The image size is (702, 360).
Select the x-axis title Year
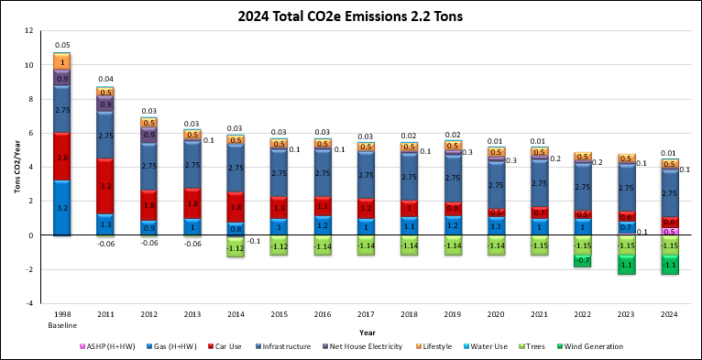point(367,332)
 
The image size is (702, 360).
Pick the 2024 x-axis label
point(670,313)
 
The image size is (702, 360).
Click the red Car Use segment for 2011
point(105,187)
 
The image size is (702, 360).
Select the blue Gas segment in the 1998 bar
point(62,208)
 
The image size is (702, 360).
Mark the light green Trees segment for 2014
point(236,247)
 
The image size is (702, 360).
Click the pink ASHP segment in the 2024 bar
point(670,232)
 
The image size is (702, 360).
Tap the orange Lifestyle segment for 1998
point(62,61)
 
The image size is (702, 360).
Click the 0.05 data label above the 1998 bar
point(62,45)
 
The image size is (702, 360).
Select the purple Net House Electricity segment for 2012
point(148,135)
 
